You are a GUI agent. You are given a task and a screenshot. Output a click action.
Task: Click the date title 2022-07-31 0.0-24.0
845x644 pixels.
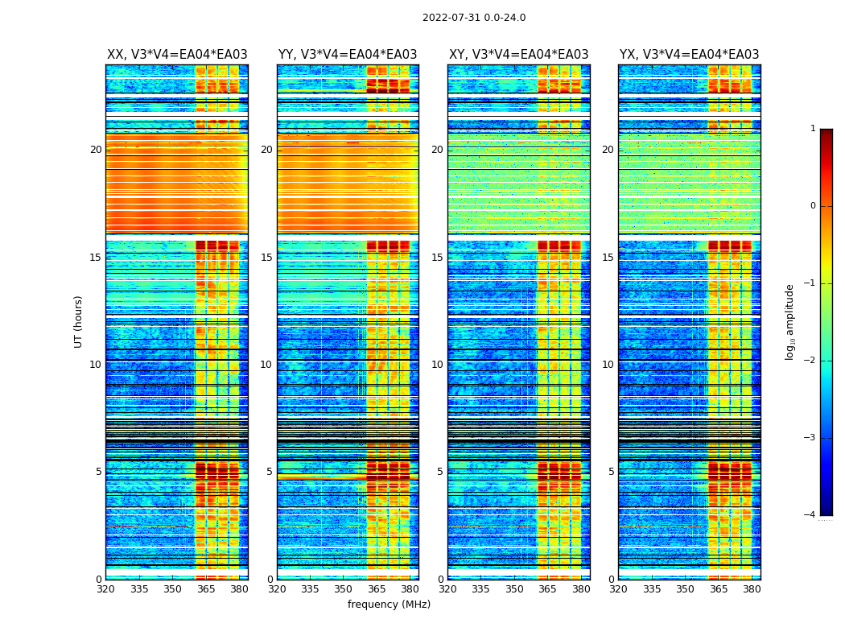pos(474,18)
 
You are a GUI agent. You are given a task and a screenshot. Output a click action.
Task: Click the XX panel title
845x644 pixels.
pos(177,55)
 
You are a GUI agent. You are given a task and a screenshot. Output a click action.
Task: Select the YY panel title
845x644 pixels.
pos(348,55)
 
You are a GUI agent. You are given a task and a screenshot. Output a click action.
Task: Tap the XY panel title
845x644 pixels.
pos(518,55)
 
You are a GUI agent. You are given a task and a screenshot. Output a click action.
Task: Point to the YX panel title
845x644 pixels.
pos(689,55)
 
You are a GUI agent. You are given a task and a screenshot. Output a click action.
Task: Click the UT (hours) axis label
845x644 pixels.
pos(79,321)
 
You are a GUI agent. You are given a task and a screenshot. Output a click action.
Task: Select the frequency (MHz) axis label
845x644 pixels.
pos(389,605)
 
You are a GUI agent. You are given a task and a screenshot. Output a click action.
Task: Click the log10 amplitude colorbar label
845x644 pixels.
pos(789,321)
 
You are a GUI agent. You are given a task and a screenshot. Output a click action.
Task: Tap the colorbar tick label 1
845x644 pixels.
pos(813,129)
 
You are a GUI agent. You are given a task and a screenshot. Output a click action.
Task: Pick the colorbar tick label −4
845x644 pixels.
pos(810,515)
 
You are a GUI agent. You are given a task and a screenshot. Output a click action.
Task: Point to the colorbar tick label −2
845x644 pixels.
pos(810,361)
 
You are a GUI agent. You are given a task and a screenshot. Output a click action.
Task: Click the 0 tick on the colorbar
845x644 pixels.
pos(813,206)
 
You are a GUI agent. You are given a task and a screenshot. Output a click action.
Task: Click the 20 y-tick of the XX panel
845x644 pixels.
pos(96,150)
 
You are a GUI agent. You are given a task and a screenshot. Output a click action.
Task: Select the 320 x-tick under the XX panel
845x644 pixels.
pos(105,589)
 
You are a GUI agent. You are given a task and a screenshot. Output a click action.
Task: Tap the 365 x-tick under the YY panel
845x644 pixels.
pos(377,589)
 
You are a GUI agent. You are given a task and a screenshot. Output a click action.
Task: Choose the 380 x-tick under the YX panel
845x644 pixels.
pos(752,589)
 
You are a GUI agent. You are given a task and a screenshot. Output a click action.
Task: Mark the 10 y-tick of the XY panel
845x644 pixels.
pos(437,365)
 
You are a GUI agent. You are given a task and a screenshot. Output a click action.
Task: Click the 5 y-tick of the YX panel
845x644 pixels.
pos(611,472)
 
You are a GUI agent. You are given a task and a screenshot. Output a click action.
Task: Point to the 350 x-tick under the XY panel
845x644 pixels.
pos(514,589)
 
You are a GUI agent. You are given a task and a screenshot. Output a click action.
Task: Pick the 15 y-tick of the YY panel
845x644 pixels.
pos(266,258)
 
